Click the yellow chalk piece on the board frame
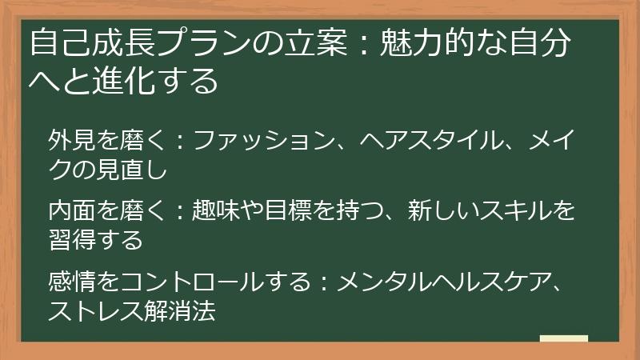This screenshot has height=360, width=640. click(564, 339)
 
